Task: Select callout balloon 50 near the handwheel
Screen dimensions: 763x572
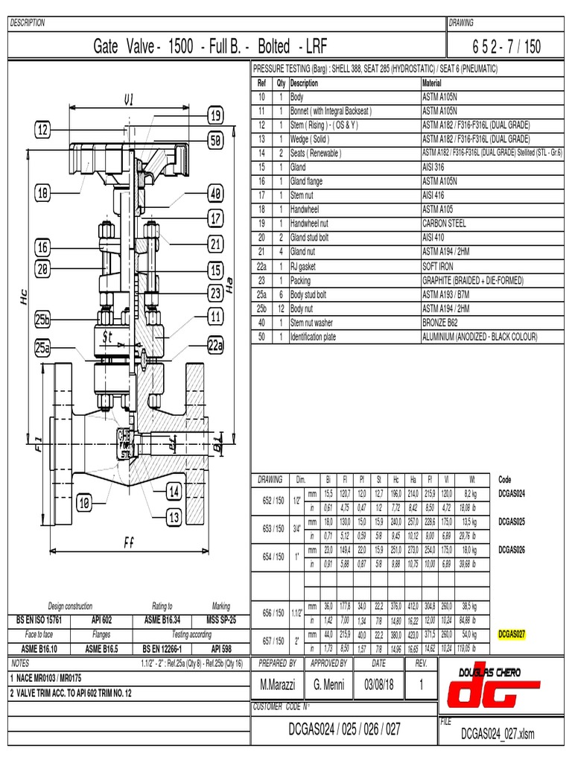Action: pos(215,139)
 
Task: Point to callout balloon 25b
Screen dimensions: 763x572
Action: pos(42,319)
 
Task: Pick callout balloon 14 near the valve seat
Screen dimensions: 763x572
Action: pos(174,491)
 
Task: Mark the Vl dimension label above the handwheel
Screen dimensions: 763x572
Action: pos(128,100)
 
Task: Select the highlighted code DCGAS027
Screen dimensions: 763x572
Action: pos(512,634)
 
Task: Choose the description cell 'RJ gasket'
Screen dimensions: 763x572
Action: pos(306,266)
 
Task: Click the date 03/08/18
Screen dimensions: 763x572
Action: pos(379,685)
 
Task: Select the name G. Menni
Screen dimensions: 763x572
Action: pos(328,685)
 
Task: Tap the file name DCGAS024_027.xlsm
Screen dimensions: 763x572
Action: pos(498,734)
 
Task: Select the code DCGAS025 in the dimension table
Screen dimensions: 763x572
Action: pos(512,522)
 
